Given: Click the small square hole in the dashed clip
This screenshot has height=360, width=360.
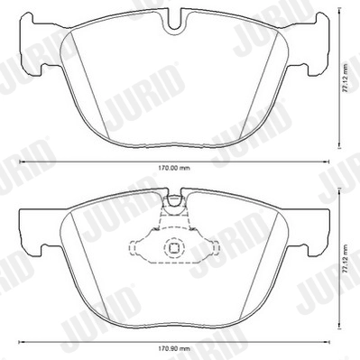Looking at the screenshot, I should (x=171, y=251).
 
